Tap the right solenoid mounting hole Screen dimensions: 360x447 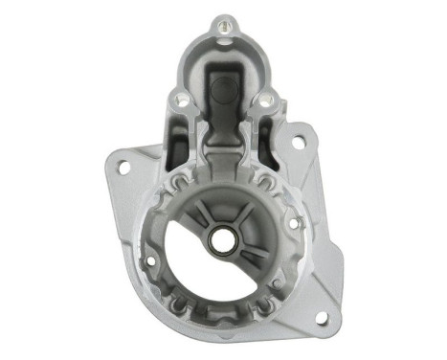click(x=265, y=98)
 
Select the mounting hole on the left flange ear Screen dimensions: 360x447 click(x=123, y=166)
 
